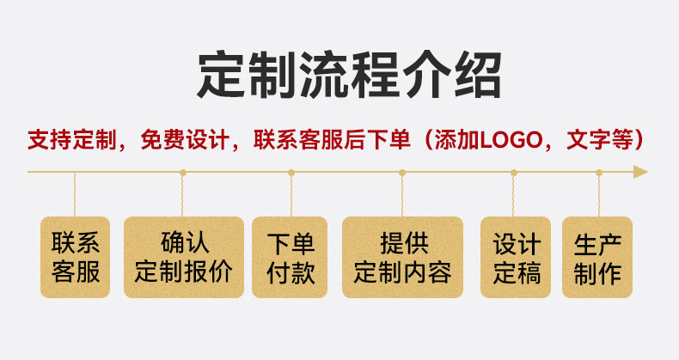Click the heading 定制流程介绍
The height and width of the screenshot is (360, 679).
(x=339, y=75)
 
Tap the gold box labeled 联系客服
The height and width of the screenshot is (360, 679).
(x=76, y=257)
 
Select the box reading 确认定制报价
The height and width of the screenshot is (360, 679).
(x=184, y=257)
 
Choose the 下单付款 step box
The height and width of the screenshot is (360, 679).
(x=291, y=257)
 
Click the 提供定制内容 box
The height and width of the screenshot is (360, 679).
(x=402, y=257)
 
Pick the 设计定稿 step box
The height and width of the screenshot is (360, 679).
(x=515, y=257)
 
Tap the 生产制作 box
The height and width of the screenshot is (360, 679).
(x=598, y=257)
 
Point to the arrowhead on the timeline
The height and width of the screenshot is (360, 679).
(x=639, y=172)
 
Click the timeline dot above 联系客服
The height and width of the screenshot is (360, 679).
(x=76, y=173)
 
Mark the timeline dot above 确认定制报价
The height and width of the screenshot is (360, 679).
(x=183, y=173)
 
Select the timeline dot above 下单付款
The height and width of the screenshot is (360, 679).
(x=291, y=173)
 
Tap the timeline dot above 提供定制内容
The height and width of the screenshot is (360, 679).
(x=402, y=173)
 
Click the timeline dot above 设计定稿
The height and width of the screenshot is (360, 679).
(x=514, y=173)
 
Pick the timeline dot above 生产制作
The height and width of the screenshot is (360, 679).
(x=599, y=173)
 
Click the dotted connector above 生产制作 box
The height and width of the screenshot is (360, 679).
(x=599, y=195)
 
